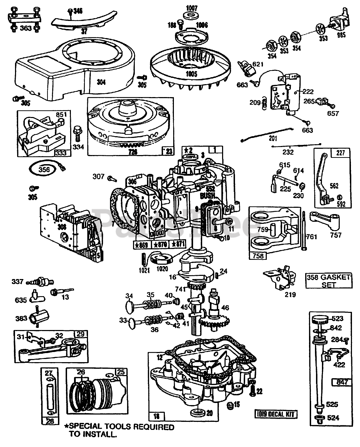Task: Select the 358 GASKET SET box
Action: [328, 281]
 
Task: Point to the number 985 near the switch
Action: [341, 35]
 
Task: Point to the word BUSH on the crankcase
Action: [207, 196]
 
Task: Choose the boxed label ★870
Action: [161, 244]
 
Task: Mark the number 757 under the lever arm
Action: [335, 235]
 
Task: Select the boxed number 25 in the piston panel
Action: [121, 372]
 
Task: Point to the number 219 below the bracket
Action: [290, 294]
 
